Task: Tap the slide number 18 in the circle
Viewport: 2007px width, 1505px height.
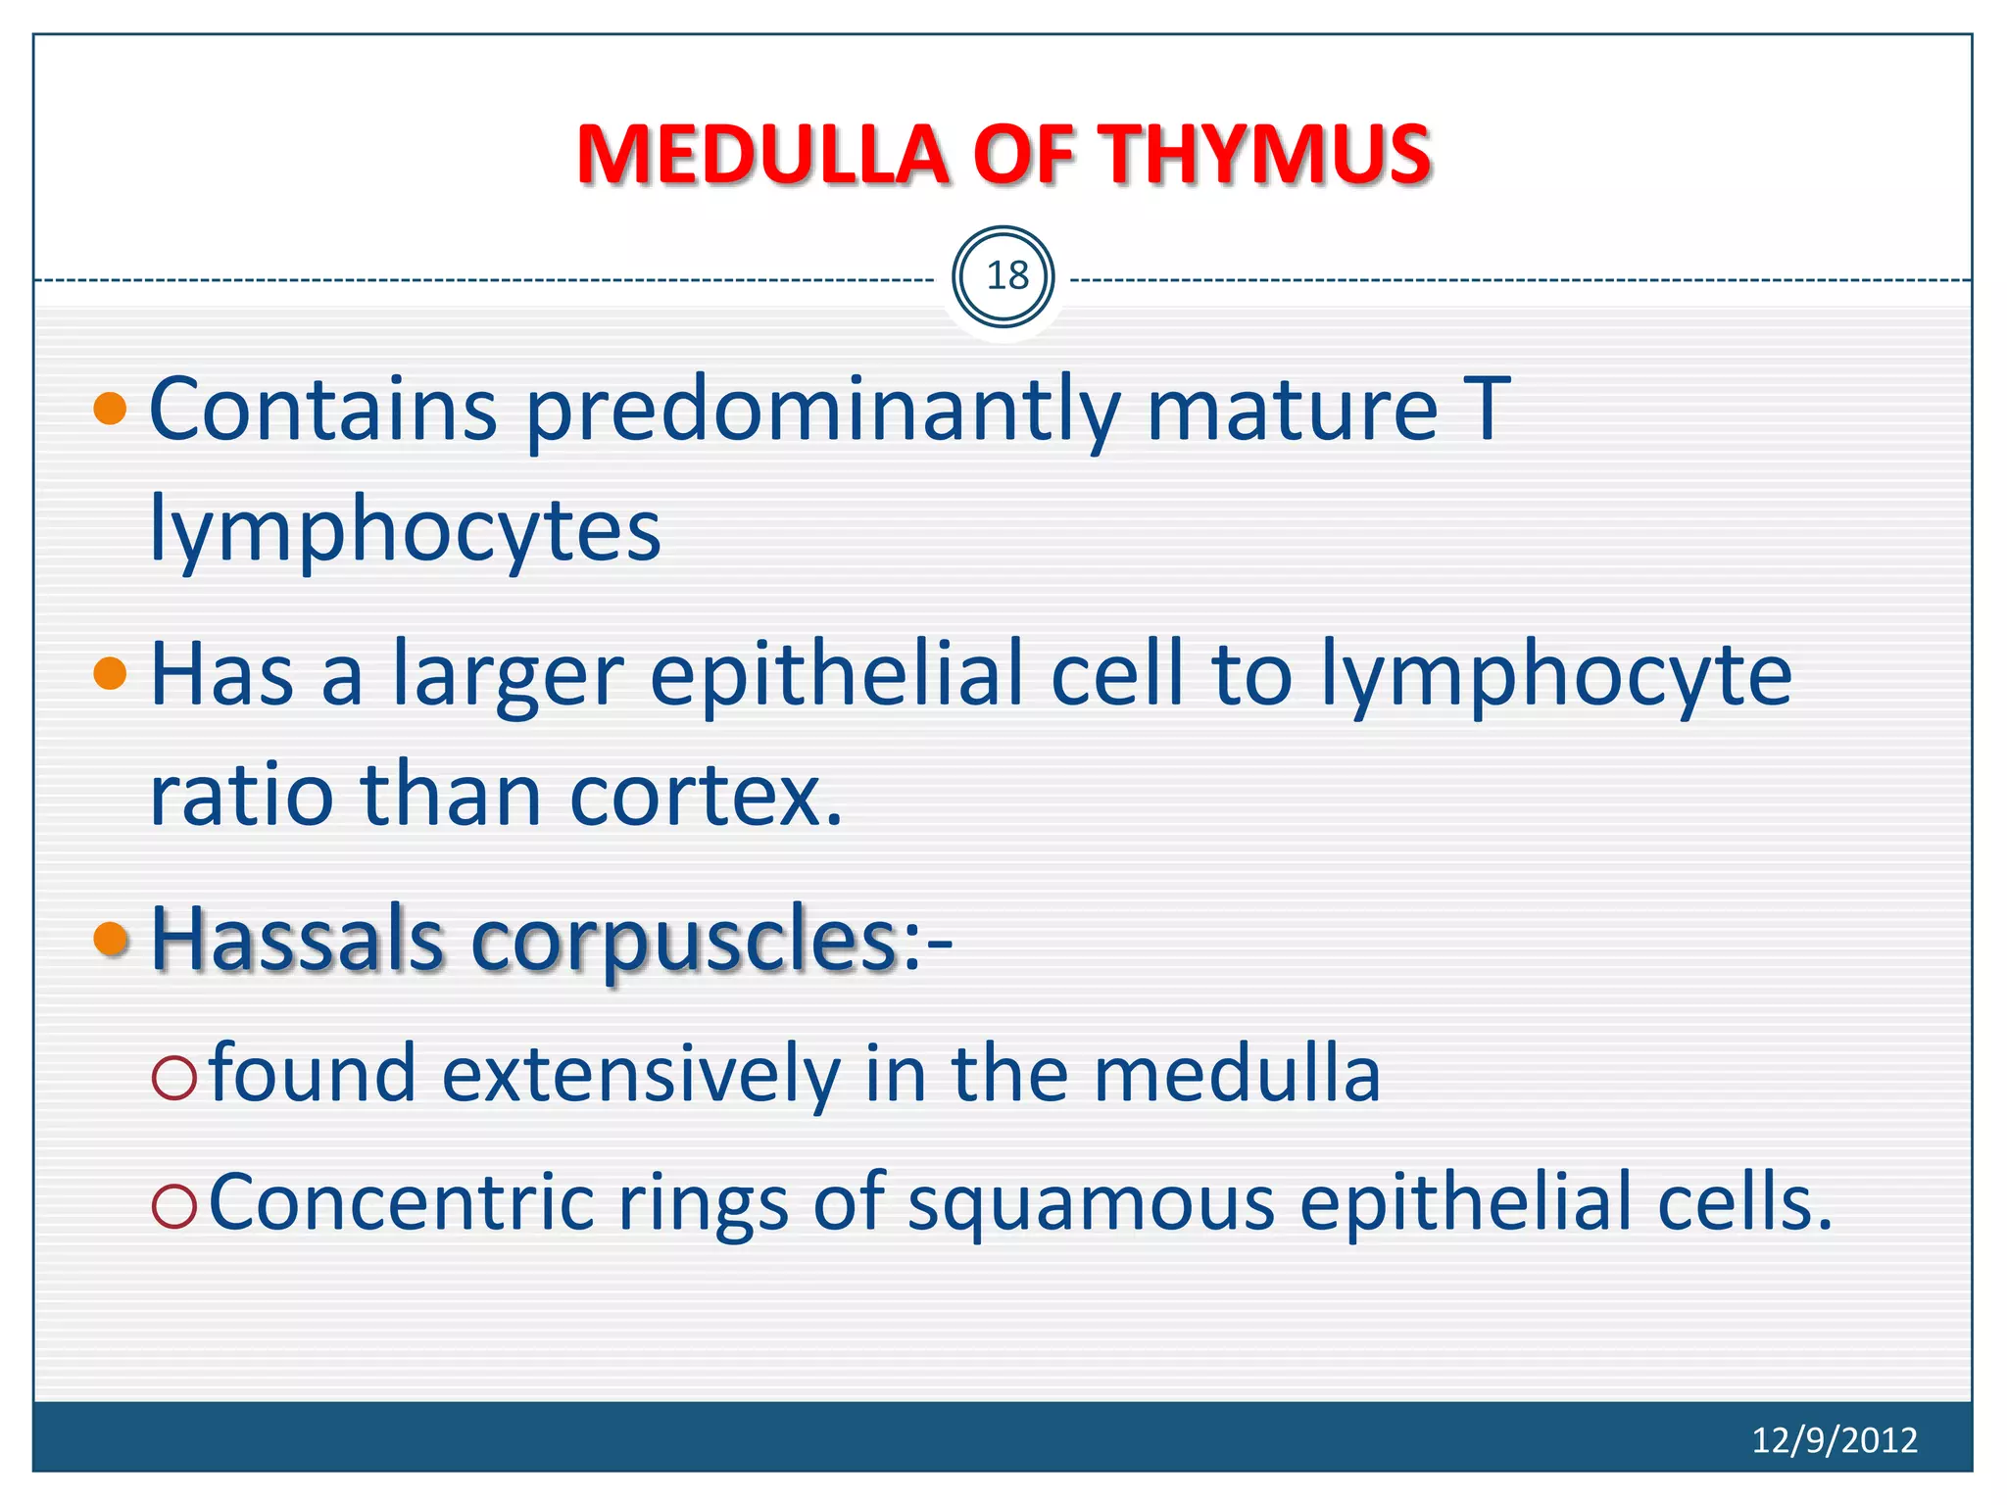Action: pos(1005,277)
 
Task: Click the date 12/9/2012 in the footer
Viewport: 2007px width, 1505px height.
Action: pos(1834,1439)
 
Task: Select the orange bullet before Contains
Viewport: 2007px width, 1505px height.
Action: pos(111,408)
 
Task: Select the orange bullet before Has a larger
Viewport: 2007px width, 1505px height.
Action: pos(111,673)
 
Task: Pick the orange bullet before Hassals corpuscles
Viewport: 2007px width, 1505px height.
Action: pos(111,939)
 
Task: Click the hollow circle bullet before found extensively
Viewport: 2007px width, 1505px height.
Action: pos(174,1077)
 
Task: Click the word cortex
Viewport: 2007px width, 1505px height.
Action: pos(706,796)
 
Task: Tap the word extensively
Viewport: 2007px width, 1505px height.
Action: pos(641,1075)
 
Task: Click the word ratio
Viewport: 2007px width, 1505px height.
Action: pos(241,796)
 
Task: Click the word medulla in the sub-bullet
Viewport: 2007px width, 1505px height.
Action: pos(1237,1075)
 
